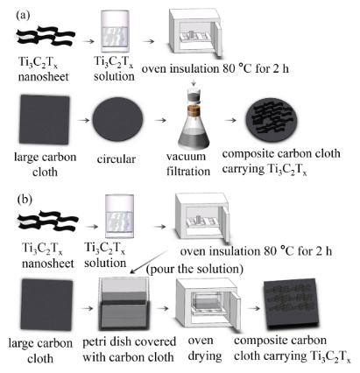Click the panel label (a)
(x=23, y=15)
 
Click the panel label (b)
(x=25, y=200)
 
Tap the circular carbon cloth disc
(x=118, y=119)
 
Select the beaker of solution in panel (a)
(x=114, y=32)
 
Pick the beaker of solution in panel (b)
(x=119, y=216)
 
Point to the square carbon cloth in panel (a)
(x=45, y=119)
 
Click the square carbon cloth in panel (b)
(x=46, y=305)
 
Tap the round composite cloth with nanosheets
(x=272, y=120)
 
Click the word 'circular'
(x=116, y=159)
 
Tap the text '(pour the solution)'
(x=194, y=269)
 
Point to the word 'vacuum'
(x=186, y=157)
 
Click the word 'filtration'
(x=188, y=171)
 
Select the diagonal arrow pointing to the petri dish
(x=149, y=262)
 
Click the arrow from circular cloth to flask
(x=160, y=120)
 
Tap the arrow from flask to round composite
(x=230, y=120)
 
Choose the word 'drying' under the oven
(x=205, y=356)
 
